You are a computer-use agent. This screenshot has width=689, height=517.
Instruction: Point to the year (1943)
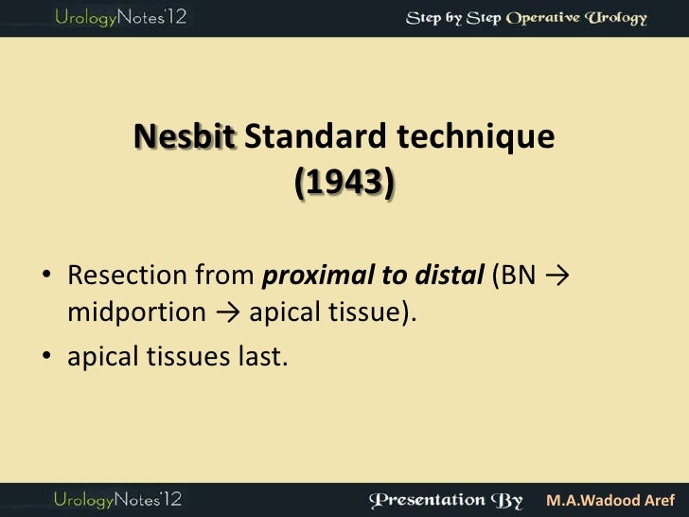tap(344, 181)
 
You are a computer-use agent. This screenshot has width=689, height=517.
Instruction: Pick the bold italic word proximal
tap(308, 276)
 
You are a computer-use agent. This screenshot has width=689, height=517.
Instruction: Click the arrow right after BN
tap(557, 276)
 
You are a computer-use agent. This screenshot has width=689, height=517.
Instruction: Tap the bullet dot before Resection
tap(45, 276)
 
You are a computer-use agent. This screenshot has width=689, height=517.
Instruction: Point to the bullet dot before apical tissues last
tap(45, 358)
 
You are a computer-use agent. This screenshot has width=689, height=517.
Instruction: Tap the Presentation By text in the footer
tap(450, 498)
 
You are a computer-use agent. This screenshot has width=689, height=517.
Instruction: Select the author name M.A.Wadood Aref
tap(613, 499)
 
